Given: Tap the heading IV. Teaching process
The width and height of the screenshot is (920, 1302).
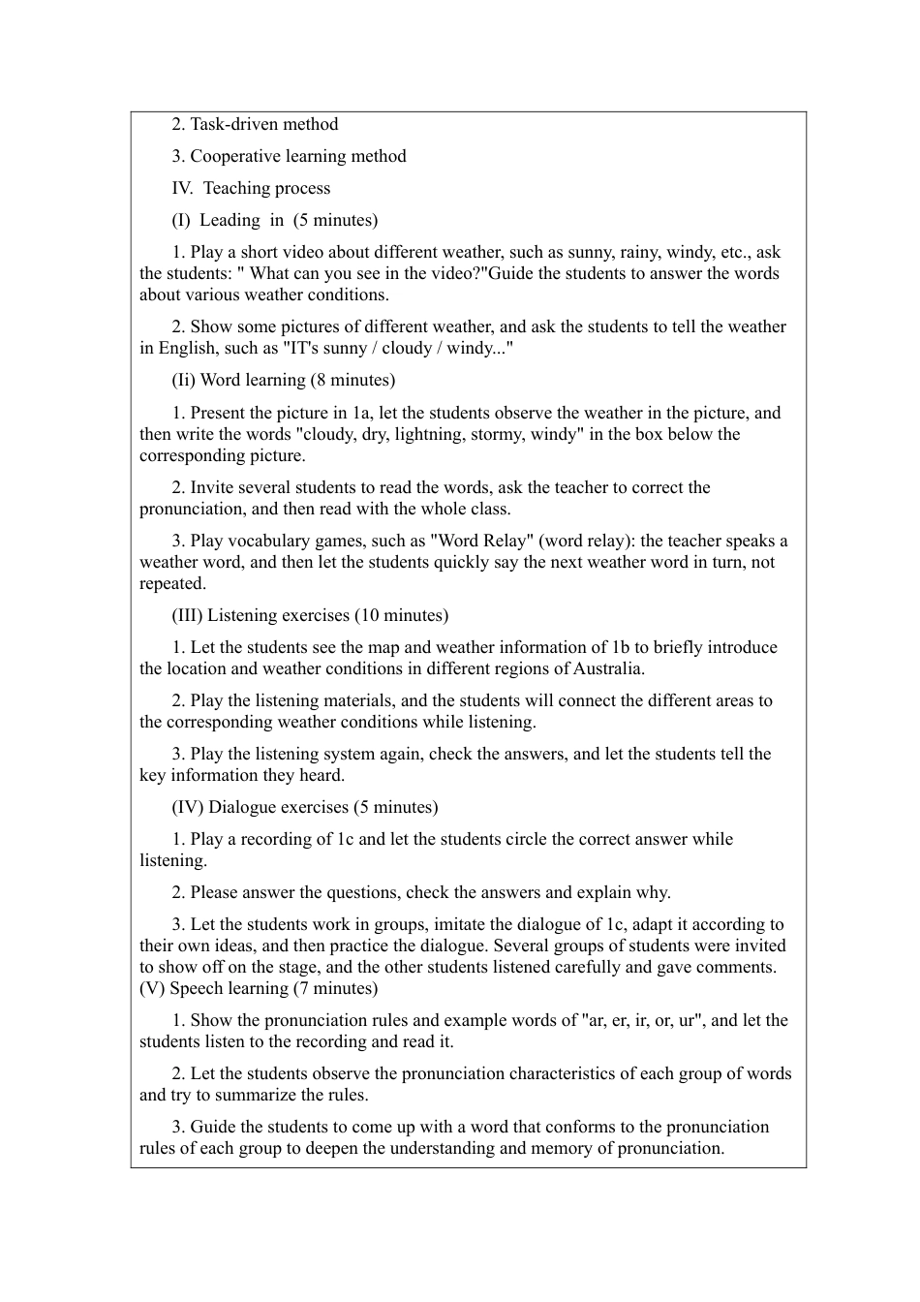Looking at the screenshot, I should [251, 188].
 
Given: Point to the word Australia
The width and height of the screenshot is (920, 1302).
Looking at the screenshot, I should [607, 668].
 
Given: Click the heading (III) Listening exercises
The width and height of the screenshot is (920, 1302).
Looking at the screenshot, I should [261, 615].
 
